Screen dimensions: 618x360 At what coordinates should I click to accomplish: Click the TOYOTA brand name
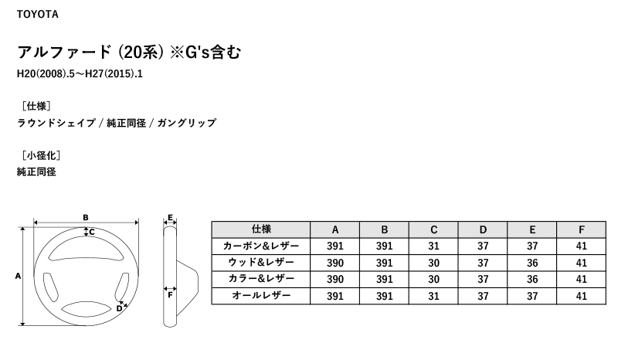coord(37,14)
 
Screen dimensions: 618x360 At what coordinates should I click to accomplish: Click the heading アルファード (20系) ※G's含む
coord(129,52)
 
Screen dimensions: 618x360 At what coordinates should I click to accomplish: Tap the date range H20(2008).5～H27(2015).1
coord(80,73)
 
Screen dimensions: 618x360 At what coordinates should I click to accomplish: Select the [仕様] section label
coord(36,106)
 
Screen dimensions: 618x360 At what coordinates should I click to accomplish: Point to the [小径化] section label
coord(42,155)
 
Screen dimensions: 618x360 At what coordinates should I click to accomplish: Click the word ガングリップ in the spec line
coord(187,123)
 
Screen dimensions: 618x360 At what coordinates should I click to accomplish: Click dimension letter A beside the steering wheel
coord(18,276)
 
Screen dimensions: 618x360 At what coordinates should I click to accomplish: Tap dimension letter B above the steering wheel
coord(86,217)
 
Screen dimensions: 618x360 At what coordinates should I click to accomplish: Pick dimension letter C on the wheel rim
coord(92,232)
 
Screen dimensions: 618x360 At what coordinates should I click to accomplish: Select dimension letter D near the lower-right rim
coord(119,309)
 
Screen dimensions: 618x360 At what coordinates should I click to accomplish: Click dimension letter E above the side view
coord(170,218)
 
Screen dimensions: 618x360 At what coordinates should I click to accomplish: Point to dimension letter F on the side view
coord(170,295)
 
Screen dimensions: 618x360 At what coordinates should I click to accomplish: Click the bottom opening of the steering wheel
coord(87,309)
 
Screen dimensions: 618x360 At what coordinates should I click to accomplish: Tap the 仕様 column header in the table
coord(261,229)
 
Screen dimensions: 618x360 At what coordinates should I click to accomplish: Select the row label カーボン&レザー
coord(261,246)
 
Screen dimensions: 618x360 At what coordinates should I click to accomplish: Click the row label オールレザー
coord(261,295)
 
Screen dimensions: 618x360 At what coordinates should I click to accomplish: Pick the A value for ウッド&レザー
coord(335,263)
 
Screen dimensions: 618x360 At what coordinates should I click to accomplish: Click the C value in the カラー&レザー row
coord(433,279)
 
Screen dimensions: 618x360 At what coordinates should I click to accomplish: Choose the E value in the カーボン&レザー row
coord(532,246)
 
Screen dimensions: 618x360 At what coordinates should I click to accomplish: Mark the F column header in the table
coord(582,229)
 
